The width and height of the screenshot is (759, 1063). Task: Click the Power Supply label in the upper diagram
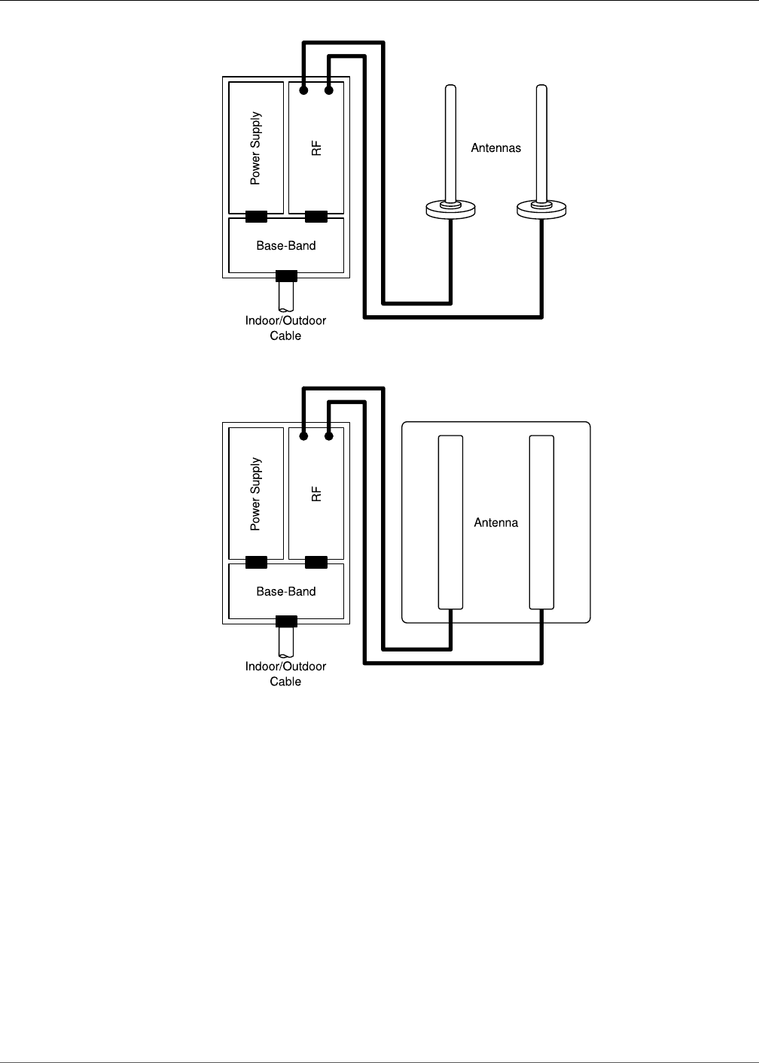(256, 148)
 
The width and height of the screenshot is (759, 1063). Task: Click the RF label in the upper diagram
(316, 148)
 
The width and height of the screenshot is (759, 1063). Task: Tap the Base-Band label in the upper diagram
(286, 246)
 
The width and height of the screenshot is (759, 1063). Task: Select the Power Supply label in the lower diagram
(256, 494)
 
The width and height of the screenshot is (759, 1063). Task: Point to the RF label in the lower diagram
(316, 494)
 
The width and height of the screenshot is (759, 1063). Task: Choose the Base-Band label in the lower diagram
(286, 591)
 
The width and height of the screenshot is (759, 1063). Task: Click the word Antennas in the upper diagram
(496, 148)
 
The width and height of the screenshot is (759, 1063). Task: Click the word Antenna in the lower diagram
(496, 523)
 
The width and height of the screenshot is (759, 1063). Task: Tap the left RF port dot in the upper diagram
(303, 91)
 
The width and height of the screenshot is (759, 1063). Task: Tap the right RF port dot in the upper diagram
(329, 91)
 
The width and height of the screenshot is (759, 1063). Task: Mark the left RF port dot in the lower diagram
(303, 436)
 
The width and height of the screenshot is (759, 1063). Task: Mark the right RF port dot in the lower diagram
(329, 436)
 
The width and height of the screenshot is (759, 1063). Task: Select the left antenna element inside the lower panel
(450, 521)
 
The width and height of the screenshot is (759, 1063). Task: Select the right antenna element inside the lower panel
(541, 521)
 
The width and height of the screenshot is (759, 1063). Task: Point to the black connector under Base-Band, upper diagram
(286, 275)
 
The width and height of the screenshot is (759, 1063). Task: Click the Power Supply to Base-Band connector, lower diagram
(257, 562)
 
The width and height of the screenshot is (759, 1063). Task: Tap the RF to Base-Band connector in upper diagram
(316, 217)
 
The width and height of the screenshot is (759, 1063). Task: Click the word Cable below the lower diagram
(285, 682)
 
